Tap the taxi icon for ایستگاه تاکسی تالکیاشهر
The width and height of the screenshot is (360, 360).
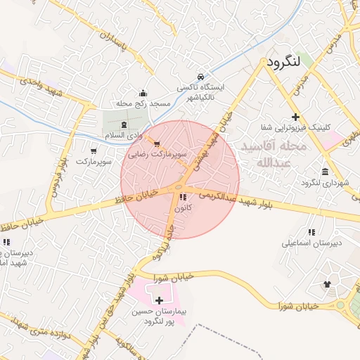pyautogui.click(x=200, y=76)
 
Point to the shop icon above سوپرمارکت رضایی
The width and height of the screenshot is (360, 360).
pyautogui.click(x=156, y=143)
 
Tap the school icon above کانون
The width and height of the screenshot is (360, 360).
pyautogui.click(x=183, y=198)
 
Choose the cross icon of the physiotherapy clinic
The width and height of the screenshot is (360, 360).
pyautogui.click(x=295, y=117)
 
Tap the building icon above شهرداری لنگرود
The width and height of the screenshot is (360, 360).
pyautogui.click(x=324, y=172)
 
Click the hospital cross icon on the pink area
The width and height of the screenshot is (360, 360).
pyautogui.click(x=159, y=300)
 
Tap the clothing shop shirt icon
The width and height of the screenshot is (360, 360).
pyautogui.click(x=327, y=284)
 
